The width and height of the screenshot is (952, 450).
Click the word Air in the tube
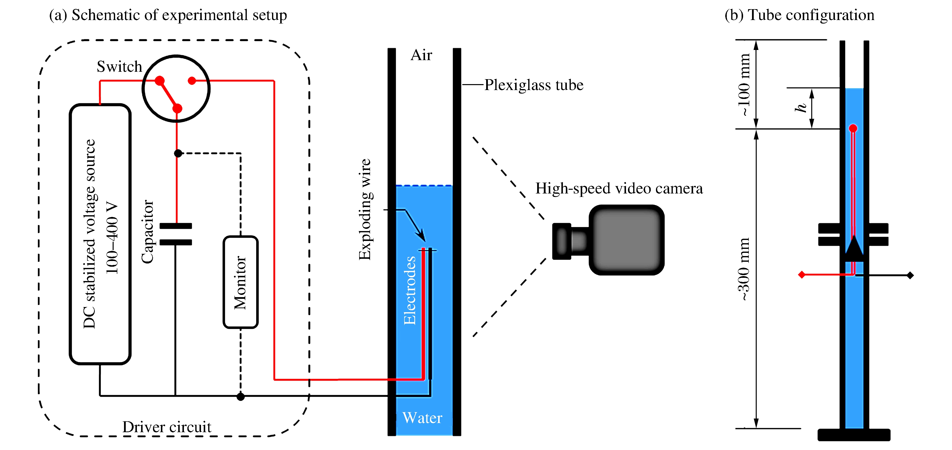click(x=421, y=55)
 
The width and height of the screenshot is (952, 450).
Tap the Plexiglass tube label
click(x=534, y=85)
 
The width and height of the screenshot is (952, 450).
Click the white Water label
click(x=422, y=418)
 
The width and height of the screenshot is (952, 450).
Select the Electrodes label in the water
click(x=409, y=290)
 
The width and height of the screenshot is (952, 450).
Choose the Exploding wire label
click(x=365, y=210)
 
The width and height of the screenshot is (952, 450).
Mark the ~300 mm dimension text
click(x=744, y=269)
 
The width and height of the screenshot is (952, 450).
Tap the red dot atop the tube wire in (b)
click(x=853, y=128)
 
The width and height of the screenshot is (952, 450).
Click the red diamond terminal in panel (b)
click(x=802, y=275)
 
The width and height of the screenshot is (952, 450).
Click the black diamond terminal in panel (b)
click(x=910, y=275)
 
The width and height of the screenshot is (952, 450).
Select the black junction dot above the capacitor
click(x=178, y=153)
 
